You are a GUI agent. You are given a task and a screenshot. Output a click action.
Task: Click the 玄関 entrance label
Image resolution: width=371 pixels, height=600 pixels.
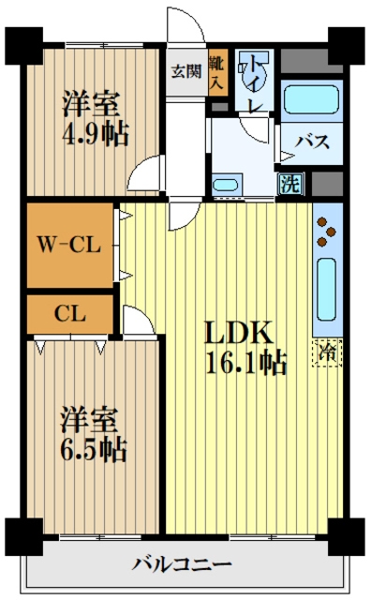[x=186, y=71]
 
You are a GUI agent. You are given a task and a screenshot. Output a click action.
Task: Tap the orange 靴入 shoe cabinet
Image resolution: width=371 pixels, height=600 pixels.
[x=218, y=72]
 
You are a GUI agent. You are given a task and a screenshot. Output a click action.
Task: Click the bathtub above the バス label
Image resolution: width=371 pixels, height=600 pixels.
[x=312, y=99]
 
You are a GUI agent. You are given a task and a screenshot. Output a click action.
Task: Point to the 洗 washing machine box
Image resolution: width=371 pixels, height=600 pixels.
[x=290, y=185]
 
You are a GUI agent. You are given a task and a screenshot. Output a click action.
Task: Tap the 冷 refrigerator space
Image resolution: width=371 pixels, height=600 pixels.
[x=328, y=352]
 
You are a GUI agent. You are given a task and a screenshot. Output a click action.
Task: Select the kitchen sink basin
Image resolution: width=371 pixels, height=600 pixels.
[x=327, y=290]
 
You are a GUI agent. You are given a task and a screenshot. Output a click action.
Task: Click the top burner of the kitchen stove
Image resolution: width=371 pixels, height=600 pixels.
[x=322, y=221]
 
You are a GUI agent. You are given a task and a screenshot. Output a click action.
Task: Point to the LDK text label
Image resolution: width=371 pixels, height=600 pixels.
[x=239, y=333]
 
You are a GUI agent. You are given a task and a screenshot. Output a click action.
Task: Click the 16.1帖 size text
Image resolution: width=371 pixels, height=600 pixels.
[x=246, y=363]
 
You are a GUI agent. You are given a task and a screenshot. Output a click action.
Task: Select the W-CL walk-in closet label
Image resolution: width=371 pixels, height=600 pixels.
[x=69, y=244]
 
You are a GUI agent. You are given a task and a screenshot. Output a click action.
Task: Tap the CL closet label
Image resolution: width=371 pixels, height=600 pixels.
[x=70, y=314]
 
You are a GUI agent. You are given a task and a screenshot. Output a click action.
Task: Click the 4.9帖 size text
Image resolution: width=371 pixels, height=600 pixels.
[x=96, y=133]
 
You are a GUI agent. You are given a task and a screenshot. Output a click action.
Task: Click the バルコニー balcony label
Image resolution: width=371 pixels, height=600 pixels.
[x=182, y=563]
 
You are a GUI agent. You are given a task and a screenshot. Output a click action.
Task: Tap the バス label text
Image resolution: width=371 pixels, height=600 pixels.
[x=312, y=142]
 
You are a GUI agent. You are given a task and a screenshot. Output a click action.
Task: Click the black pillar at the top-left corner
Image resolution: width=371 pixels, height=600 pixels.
[x=23, y=46]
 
